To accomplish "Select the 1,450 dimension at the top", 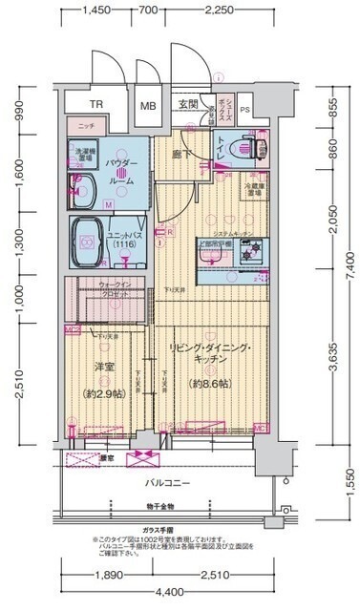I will coord(94,11).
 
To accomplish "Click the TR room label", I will coord(96,106).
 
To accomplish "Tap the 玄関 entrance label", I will coord(187,105).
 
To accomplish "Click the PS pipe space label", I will coord(244,108).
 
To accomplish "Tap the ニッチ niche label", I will coord(86,126).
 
